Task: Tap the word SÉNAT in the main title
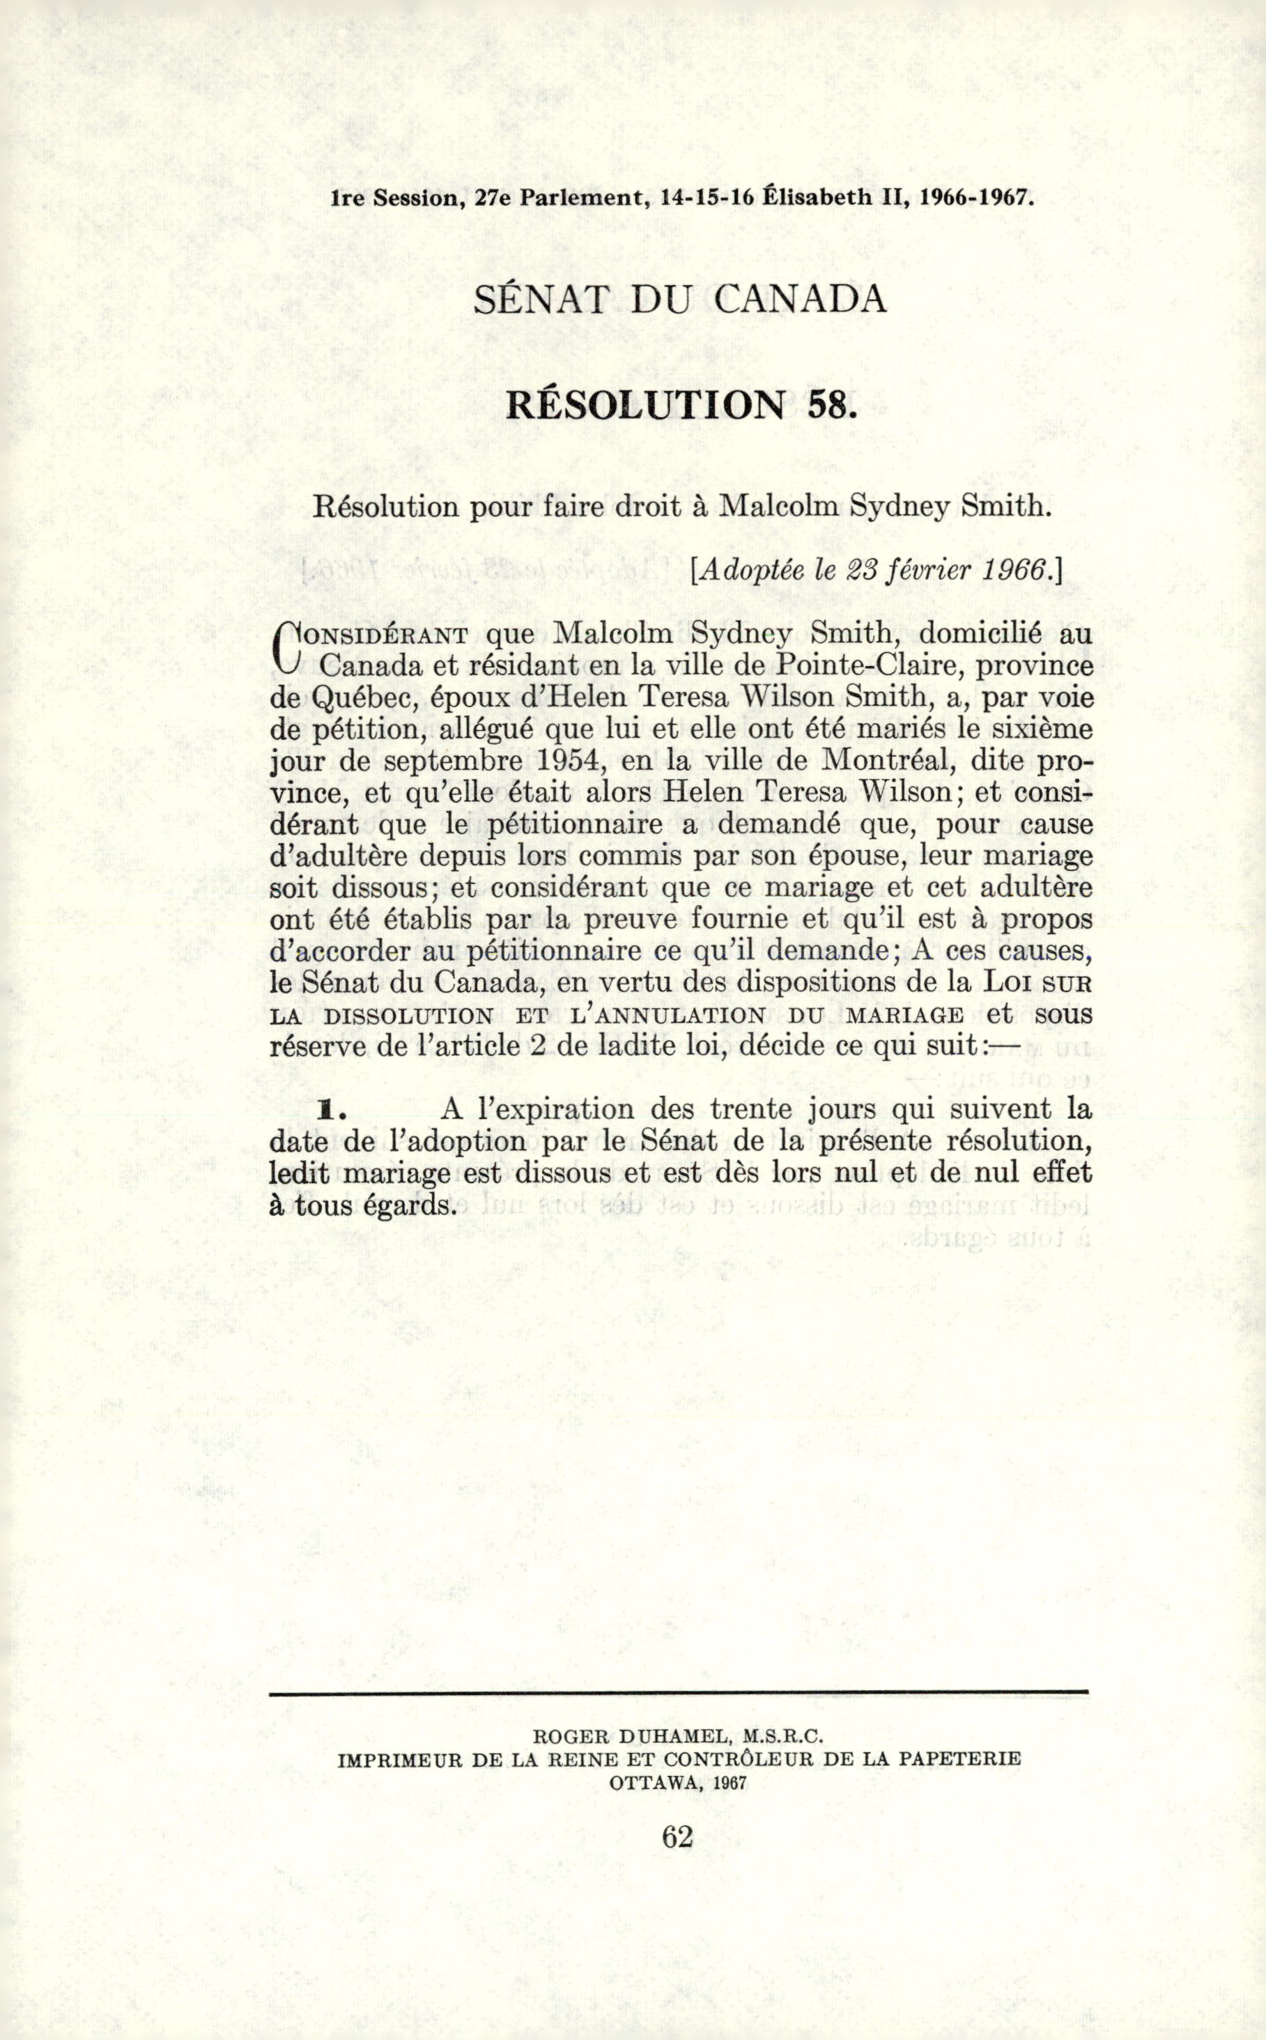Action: (x=539, y=299)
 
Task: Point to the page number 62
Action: (x=677, y=1837)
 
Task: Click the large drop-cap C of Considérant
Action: (x=287, y=649)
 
